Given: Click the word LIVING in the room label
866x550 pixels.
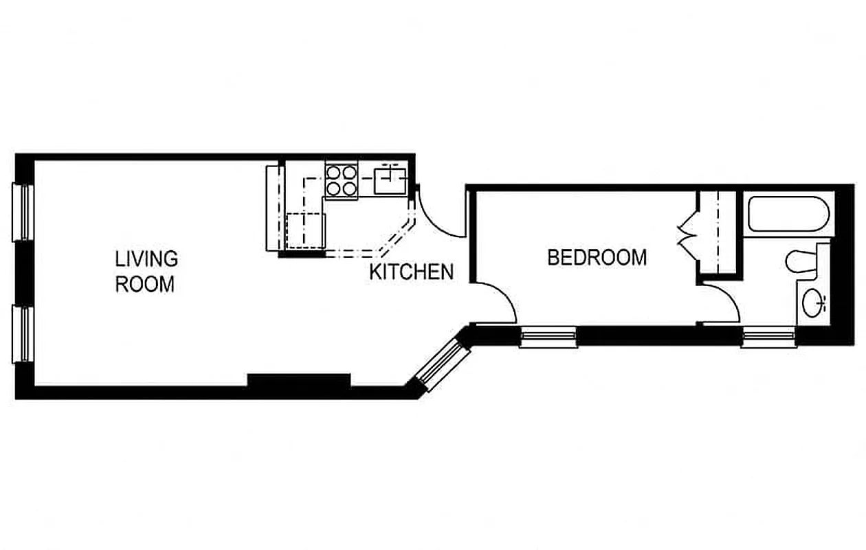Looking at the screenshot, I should click(x=146, y=259).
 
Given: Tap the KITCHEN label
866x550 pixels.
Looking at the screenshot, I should click(x=411, y=272).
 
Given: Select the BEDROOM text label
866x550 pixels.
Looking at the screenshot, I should click(x=597, y=257).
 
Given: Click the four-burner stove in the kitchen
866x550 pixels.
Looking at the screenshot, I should click(x=341, y=180).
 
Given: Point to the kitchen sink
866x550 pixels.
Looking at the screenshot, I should click(x=390, y=180).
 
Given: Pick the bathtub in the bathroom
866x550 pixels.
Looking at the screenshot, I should click(x=788, y=214).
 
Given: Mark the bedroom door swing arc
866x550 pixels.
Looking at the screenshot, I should click(x=496, y=302).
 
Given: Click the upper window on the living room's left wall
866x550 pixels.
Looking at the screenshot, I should click(x=23, y=212).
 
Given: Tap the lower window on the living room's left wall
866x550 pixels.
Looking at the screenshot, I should click(x=23, y=334).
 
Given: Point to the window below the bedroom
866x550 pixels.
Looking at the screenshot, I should click(x=548, y=337).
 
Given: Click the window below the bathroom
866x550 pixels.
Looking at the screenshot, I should click(x=768, y=337).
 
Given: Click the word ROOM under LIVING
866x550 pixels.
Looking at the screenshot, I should click(x=144, y=284).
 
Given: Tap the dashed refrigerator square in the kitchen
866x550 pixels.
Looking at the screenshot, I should click(x=305, y=230).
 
